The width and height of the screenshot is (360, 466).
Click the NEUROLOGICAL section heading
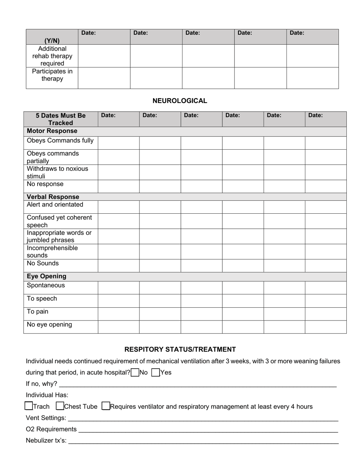pos(180,101)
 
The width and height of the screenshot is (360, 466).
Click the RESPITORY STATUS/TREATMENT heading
pos(180,349)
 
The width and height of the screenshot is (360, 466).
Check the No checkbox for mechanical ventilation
pos(135,372)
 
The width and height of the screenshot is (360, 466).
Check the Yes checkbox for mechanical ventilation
pos(155,372)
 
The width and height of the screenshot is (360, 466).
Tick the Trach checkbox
pos(28,406)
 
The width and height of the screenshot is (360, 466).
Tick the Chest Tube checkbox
pos(59,406)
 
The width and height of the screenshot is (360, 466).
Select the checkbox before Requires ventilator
pos(106,406)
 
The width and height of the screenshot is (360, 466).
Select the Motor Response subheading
pos(52,131)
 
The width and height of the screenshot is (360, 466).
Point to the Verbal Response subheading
pos(53,197)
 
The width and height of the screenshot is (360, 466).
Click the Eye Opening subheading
pos(46,276)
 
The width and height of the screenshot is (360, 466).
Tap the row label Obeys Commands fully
pos(60,141)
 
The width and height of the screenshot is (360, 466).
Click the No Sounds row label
pos(42,263)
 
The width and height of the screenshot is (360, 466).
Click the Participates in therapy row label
pos(52,75)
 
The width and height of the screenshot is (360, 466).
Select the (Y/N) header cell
pos(52,41)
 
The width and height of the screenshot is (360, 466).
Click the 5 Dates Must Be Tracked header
pos(61,119)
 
